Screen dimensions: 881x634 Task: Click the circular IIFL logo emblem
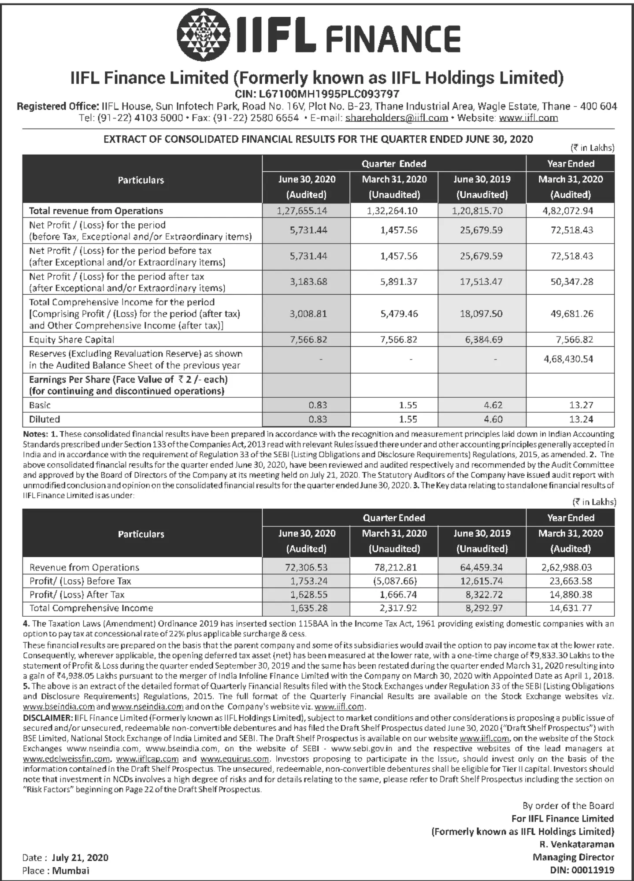203,34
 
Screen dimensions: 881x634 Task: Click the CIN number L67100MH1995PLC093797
317,94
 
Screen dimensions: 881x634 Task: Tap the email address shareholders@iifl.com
397,118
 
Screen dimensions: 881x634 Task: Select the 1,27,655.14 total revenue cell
302,211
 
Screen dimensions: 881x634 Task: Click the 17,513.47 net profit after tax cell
481,281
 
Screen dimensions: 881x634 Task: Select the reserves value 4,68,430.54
568,359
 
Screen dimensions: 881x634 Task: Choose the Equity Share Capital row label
71,340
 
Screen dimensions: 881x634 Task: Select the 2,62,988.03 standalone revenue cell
567,567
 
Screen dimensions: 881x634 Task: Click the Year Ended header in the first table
571,164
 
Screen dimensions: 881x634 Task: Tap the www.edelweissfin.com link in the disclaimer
67,759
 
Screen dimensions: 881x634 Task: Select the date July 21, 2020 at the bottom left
80,858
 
